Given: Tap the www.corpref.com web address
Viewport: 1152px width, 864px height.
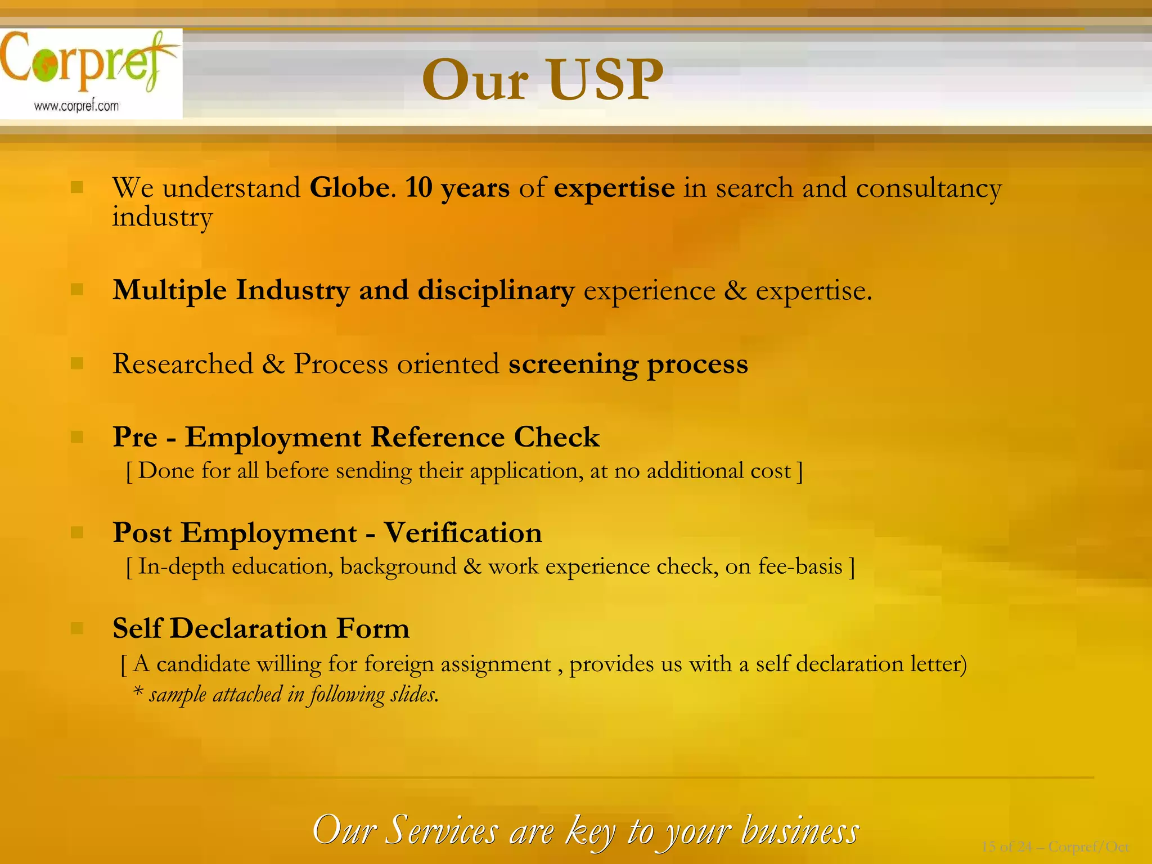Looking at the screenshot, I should [76, 106].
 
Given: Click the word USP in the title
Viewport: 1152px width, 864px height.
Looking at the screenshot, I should [605, 80].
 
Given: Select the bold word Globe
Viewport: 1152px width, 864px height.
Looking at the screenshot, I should [349, 187].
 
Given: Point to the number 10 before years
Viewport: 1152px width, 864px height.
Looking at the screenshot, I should [418, 187].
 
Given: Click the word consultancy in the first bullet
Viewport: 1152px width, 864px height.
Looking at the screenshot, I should [928, 188].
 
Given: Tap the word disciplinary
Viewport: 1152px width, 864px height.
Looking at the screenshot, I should [496, 290].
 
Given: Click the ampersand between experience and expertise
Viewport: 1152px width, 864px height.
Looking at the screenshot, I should [735, 291].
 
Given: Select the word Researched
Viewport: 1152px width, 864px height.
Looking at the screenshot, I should [183, 363].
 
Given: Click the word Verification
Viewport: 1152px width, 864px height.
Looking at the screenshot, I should [462, 533].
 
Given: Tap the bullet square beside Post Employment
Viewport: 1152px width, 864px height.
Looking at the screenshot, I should [77, 532].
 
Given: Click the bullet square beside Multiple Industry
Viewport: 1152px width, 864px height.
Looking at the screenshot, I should [77, 290].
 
